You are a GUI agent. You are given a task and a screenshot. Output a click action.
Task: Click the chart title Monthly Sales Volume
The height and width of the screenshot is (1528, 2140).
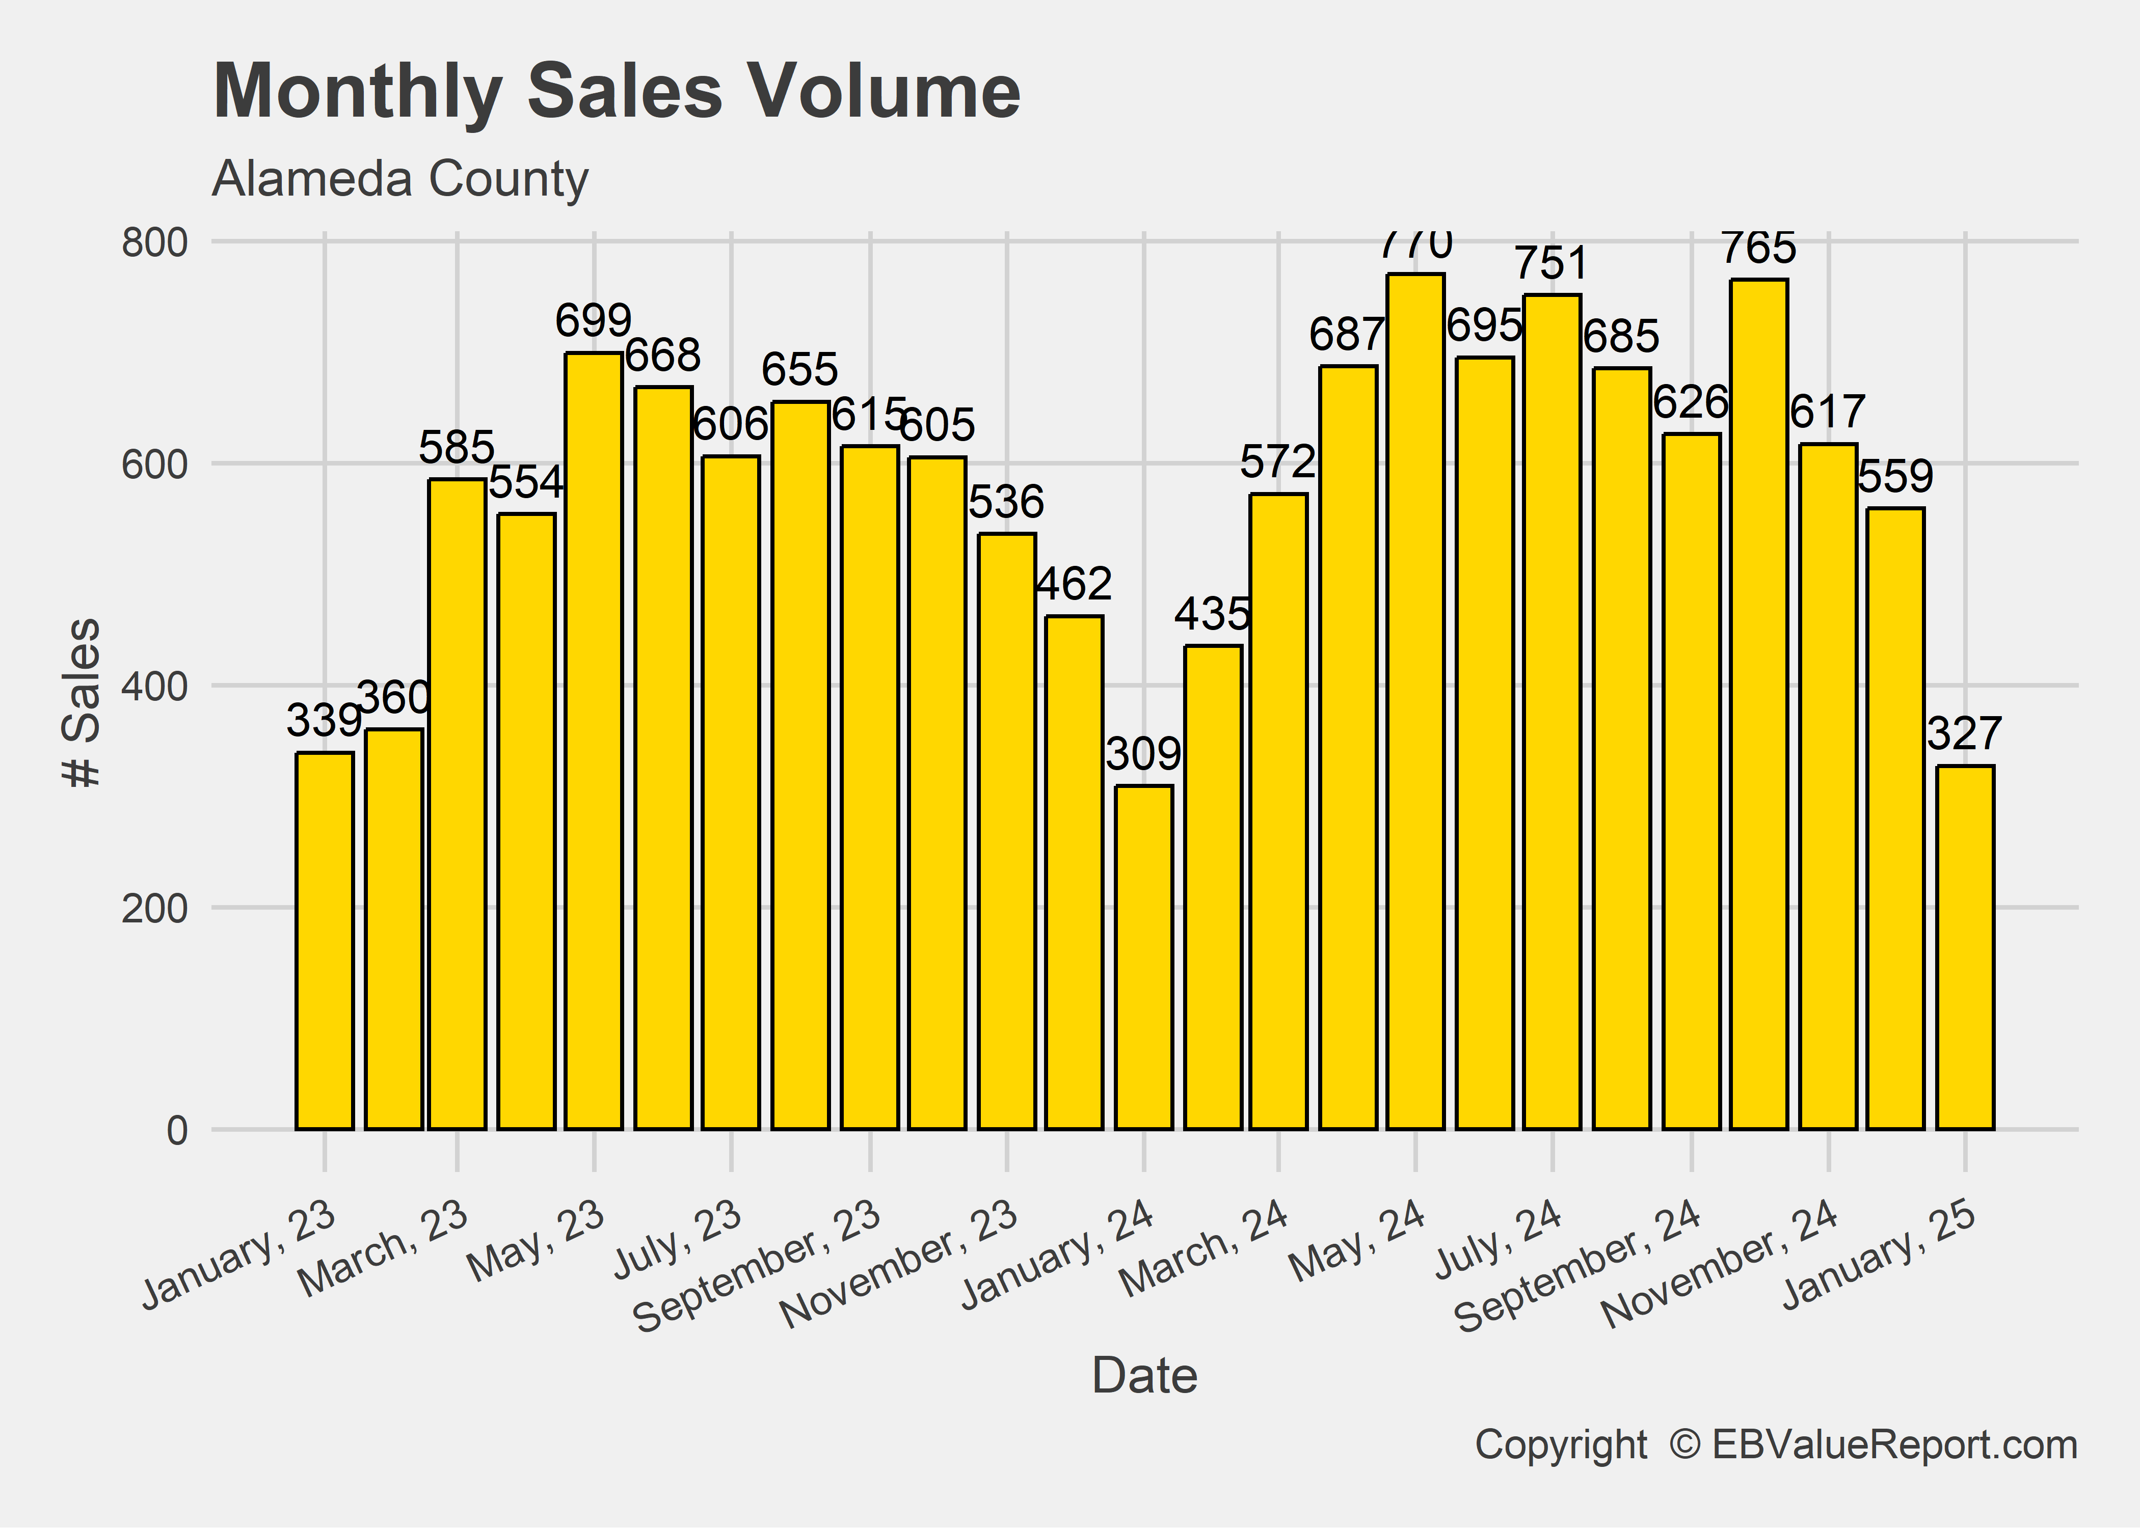[x=617, y=91]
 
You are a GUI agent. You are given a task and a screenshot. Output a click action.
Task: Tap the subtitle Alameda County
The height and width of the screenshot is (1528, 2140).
[x=400, y=179]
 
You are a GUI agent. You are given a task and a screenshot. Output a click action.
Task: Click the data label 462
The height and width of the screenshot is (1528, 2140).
[x=1074, y=584]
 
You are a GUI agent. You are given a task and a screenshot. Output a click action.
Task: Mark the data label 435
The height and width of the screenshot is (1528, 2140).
[x=1212, y=614]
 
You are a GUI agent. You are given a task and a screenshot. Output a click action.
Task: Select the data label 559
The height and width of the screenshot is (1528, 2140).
[x=1895, y=476]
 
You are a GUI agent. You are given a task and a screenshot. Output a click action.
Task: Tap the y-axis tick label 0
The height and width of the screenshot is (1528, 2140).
[x=177, y=1131]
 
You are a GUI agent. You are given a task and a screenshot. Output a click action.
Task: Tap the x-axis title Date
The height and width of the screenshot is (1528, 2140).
[x=1144, y=1376]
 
